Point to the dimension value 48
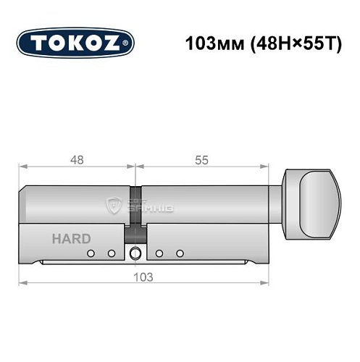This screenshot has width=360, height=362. click(76, 161)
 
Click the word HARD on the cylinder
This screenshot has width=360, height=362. click(71, 238)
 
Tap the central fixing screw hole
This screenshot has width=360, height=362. click(135, 254)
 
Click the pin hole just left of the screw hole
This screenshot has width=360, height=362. click(112, 253)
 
